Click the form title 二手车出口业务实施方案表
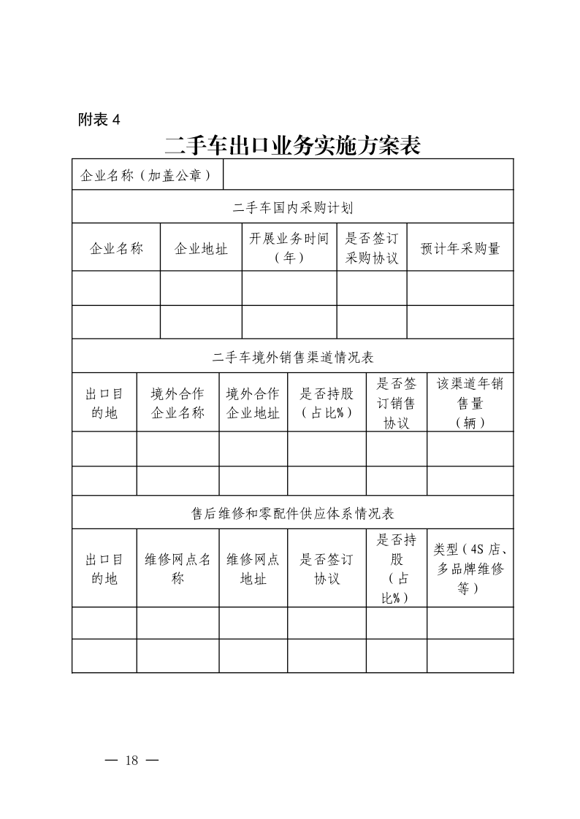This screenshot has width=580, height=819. coord(292,145)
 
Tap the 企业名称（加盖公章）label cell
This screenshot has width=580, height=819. coord(147,175)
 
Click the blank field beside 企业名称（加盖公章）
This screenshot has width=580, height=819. coord(367,175)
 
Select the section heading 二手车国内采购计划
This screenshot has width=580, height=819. coord(292,208)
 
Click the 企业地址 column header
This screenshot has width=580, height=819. coord(201,248)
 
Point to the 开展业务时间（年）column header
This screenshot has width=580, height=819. coord(289,248)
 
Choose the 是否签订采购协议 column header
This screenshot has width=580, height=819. coord(372,248)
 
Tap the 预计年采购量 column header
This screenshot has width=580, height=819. coord(460,248)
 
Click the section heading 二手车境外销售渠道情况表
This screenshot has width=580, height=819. coord(292,358)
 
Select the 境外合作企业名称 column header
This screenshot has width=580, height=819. coord(178,403)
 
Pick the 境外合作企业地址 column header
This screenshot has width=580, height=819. coord(253,403)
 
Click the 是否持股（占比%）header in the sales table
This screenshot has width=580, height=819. coord(327,403)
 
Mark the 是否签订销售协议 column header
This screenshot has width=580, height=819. coord(396,403)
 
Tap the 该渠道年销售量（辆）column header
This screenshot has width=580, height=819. coord(470,403)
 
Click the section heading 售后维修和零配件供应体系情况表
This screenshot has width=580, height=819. coord(292,514)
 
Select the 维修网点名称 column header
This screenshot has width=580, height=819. coord(178,569)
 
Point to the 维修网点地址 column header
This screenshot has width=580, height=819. coord(253,569)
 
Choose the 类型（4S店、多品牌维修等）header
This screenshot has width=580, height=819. coord(470,569)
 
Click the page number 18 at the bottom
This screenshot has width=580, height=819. coord(131,761)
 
